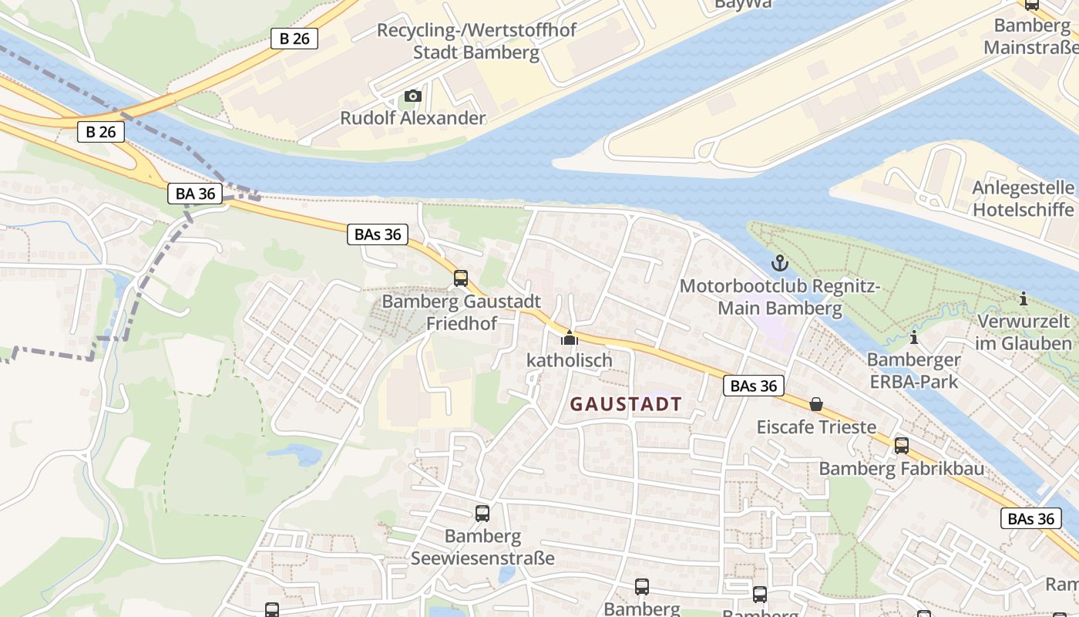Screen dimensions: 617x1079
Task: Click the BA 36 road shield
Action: point(195,194)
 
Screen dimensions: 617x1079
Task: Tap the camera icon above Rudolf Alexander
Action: point(413,96)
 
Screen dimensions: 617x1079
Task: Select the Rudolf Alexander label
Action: point(413,118)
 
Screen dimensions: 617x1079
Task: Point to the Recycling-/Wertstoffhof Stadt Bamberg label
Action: point(476,42)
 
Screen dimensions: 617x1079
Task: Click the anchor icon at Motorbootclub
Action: point(780,264)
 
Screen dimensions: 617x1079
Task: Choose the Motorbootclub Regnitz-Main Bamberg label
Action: point(780,298)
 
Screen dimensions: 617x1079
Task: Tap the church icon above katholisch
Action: point(569,338)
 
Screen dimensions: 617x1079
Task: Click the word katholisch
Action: point(569,360)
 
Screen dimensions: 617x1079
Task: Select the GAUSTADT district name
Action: point(626,404)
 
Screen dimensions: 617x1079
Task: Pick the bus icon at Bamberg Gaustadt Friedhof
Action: point(461,278)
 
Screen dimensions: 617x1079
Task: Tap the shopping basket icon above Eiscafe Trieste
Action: point(816,404)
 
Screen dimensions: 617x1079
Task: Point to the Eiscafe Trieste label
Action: point(816,427)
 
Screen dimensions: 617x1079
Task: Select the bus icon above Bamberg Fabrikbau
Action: point(901,445)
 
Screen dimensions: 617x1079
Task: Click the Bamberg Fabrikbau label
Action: point(901,468)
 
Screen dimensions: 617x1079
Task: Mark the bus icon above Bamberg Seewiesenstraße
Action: point(482,513)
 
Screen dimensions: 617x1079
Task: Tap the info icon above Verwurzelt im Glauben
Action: point(1024,298)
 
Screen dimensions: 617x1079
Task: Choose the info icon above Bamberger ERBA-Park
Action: point(913,337)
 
